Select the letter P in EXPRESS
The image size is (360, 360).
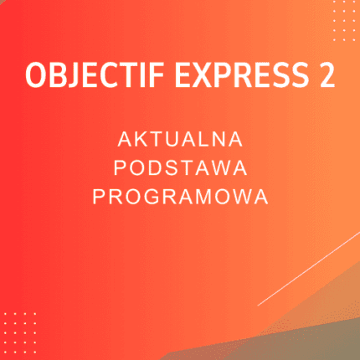tap(219, 76)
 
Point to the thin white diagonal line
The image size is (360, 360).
tap(310, 268)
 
